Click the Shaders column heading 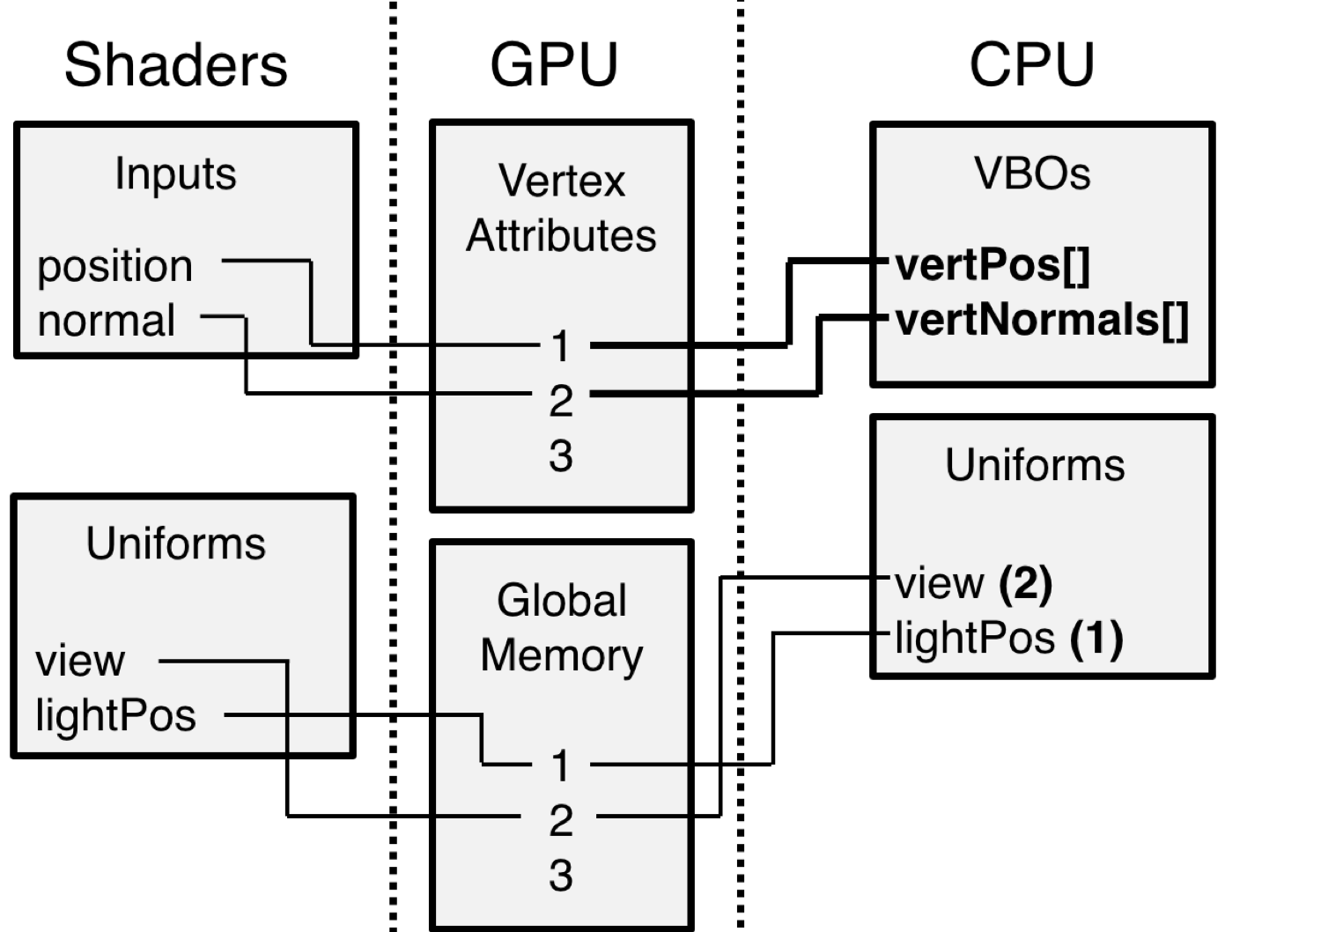(x=176, y=65)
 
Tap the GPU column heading (x=554, y=64)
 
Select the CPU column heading (x=1031, y=64)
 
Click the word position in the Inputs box (x=114, y=266)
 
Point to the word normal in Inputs (x=106, y=321)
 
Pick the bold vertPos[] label (x=993, y=264)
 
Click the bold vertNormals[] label (x=1042, y=319)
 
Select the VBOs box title (x=1032, y=174)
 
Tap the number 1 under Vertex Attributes (x=561, y=347)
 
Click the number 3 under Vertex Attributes (x=561, y=456)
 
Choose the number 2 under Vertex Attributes (x=561, y=402)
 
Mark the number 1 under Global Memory (x=561, y=766)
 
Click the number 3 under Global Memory (x=561, y=876)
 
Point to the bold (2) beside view (x=1026, y=583)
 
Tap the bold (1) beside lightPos (x=1096, y=638)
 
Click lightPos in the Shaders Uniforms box (x=115, y=715)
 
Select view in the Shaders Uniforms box (x=80, y=661)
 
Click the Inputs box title (x=175, y=174)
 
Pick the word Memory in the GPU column (x=562, y=655)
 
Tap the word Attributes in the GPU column (x=562, y=236)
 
